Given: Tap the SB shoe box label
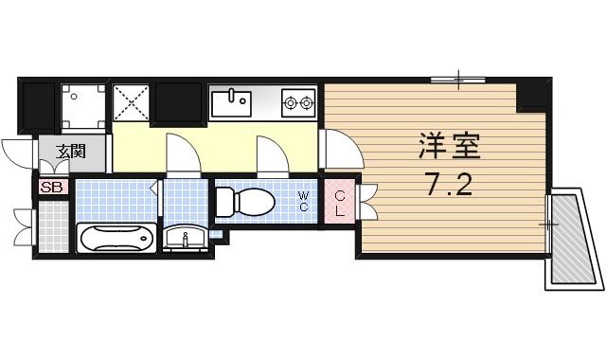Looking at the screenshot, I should [51, 188].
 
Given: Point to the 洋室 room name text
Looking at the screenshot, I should [450, 147].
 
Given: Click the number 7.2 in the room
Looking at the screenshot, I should [450, 186].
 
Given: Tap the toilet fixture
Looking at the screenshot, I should [244, 201].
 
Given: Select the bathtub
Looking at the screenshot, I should [116, 238].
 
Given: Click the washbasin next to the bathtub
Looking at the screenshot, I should [185, 237].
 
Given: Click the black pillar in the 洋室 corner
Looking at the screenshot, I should [533, 96].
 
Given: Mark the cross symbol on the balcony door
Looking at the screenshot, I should [548, 225].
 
